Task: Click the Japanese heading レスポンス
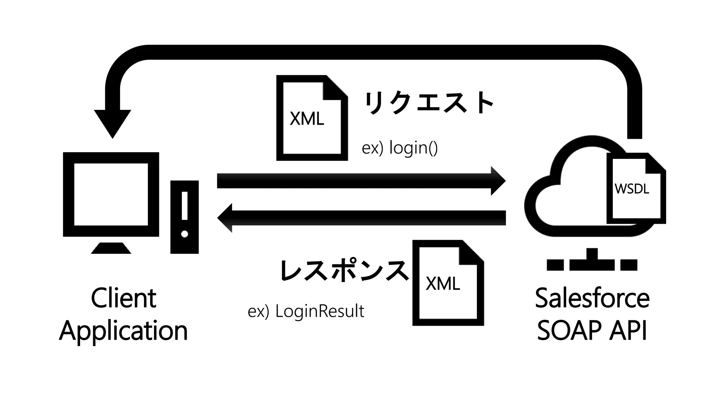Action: (x=344, y=271)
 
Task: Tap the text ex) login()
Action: (x=400, y=148)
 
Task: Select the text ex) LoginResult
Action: (x=306, y=311)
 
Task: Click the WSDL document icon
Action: (x=636, y=189)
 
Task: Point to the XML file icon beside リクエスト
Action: (x=311, y=118)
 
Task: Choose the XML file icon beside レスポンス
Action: (x=448, y=283)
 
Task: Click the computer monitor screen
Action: (x=111, y=194)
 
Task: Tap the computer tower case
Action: (x=184, y=217)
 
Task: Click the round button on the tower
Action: (x=184, y=234)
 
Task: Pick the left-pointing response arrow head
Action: (x=225, y=218)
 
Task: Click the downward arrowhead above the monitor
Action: (x=113, y=123)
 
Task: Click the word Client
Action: (x=123, y=298)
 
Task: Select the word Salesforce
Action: (x=592, y=298)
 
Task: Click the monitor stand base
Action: (x=111, y=248)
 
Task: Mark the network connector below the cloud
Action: (x=592, y=261)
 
